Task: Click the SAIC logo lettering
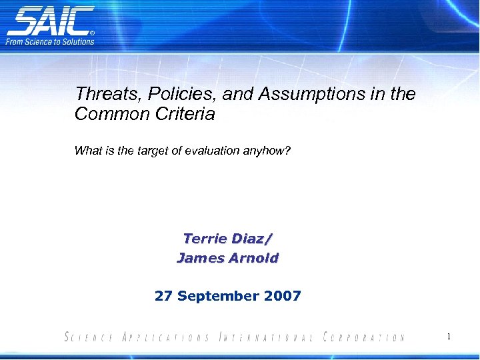[50, 21]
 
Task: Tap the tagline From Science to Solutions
[51, 41]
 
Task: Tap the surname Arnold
[253, 257]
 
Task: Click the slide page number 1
[449, 337]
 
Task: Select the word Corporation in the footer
[363, 337]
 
